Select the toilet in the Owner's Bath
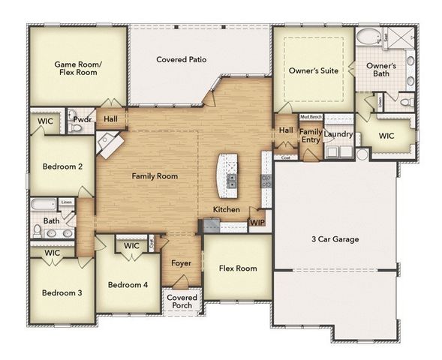point(405,101)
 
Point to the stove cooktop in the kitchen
point(266,180)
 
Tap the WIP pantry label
point(257,222)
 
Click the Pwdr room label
point(82,119)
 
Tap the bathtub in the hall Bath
point(43,205)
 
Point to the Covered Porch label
point(182,301)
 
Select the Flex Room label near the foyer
point(237,268)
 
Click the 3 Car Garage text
point(335,240)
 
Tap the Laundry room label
point(338,134)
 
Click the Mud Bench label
point(311,117)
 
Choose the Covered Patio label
point(182,59)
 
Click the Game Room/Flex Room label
point(77,69)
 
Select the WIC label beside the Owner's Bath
point(386,136)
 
